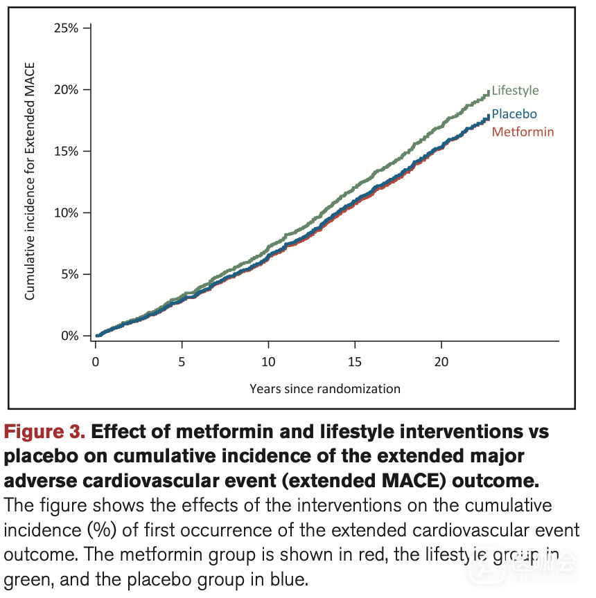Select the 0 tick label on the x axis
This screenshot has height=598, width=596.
tap(96, 362)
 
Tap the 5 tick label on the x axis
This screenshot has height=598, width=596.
tap(182, 362)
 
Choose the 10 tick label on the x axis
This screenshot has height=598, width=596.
tap(268, 362)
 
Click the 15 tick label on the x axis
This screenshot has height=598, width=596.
tap(355, 362)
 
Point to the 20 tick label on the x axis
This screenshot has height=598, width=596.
tap(441, 362)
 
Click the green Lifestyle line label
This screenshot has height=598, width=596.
tap(515, 91)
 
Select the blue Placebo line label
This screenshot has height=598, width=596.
tap(514, 114)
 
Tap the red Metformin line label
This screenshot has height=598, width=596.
tap(523, 132)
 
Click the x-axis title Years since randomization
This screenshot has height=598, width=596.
tap(325, 389)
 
